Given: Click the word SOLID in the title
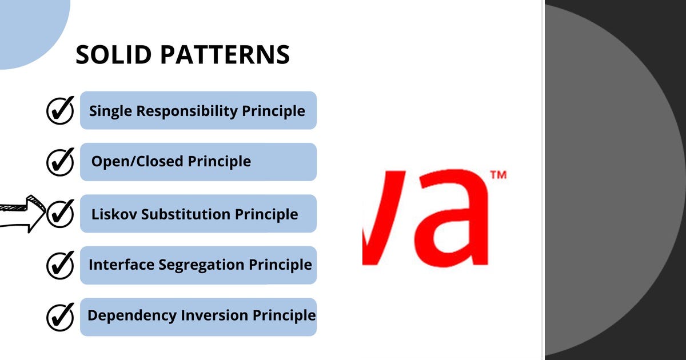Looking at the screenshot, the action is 113,54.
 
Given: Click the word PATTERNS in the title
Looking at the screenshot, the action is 225,54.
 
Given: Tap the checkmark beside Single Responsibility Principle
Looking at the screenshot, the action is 61,110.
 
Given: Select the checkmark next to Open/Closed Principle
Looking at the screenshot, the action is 61,162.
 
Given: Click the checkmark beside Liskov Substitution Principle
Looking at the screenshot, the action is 61,214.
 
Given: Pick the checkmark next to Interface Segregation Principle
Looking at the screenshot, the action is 61,265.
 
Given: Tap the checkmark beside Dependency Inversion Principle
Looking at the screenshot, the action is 61,317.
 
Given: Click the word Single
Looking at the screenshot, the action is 110,111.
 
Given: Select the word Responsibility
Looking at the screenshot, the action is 187,111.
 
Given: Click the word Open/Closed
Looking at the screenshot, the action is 137,162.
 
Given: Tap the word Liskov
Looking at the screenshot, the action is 114,214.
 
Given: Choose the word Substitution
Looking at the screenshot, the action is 186,214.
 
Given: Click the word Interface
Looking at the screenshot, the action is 122,265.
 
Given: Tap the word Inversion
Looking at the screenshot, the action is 214,315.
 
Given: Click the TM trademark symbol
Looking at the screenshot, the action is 498,175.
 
